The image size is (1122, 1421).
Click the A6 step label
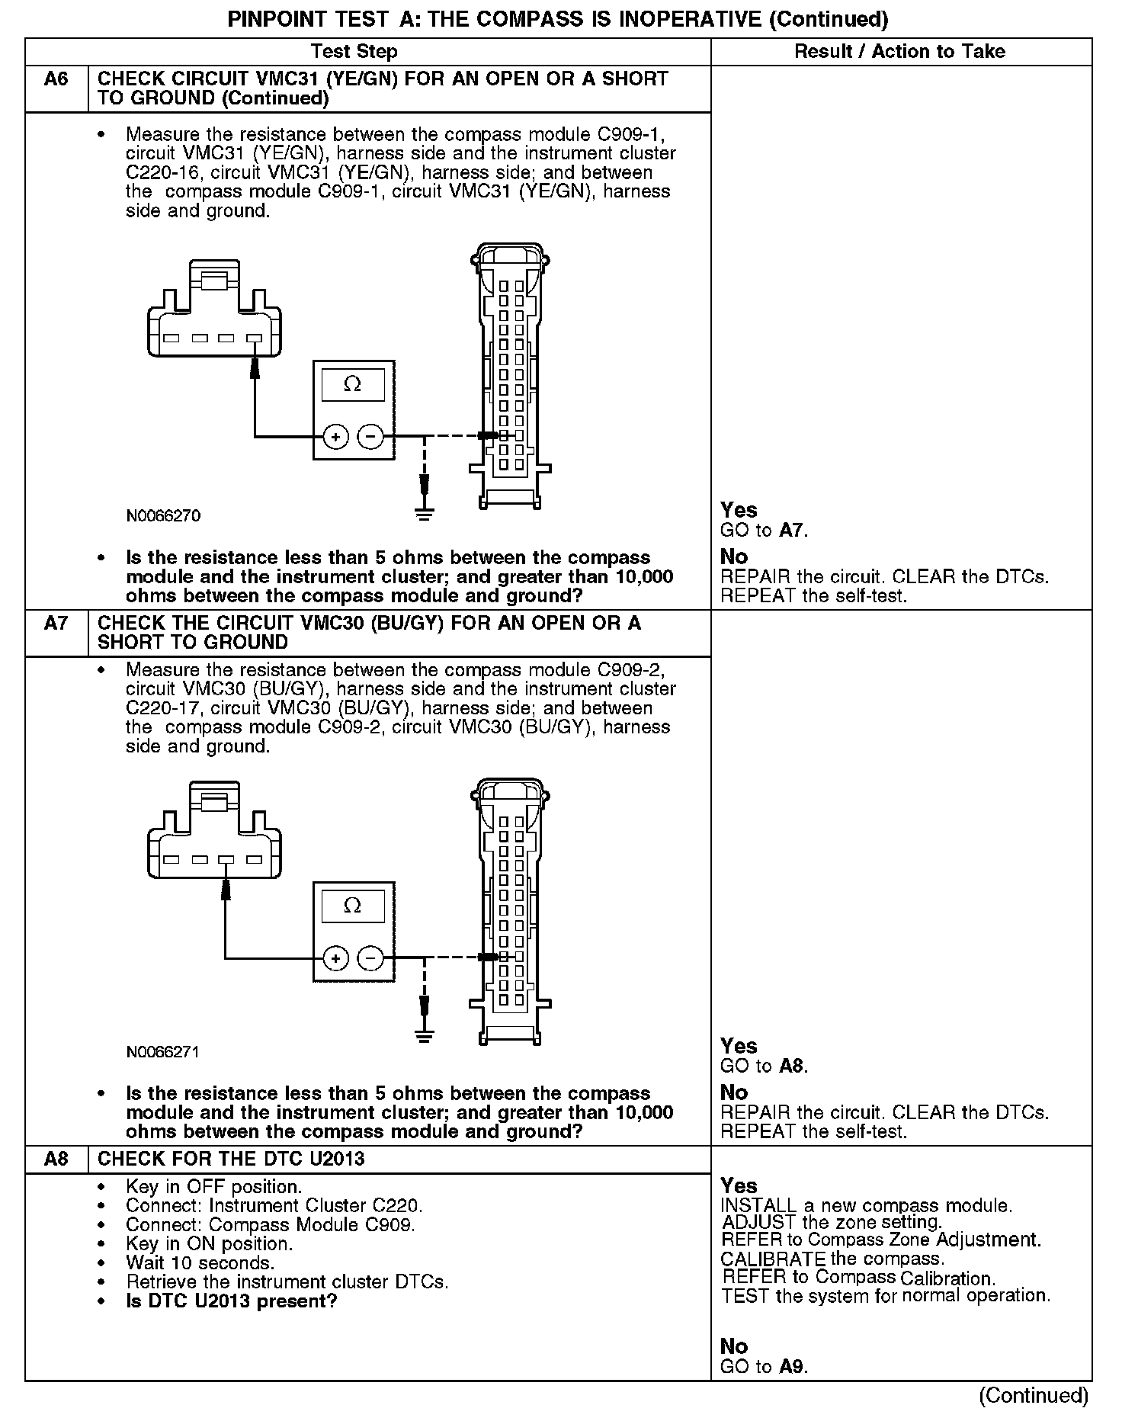click(56, 79)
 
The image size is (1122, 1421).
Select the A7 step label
click(56, 624)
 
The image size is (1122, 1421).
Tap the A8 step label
click(56, 1160)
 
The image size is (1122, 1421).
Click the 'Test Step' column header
click(354, 52)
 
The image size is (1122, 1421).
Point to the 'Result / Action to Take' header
click(899, 52)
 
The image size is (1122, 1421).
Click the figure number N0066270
click(163, 516)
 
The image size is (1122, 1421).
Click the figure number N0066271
click(163, 1052)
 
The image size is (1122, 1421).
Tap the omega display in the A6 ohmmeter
click(353, 384)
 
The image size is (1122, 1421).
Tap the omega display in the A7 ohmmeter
click(353, 906)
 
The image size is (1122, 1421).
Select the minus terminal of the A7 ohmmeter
click(370, 958)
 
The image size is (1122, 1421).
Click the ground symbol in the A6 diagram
click(425, 513)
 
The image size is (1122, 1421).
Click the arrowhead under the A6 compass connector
click(255, 367)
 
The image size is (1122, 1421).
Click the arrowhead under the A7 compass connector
click(226, 889)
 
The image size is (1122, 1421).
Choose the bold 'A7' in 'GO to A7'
click(792, 531)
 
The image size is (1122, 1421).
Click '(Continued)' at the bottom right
click(1034, 1395)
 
